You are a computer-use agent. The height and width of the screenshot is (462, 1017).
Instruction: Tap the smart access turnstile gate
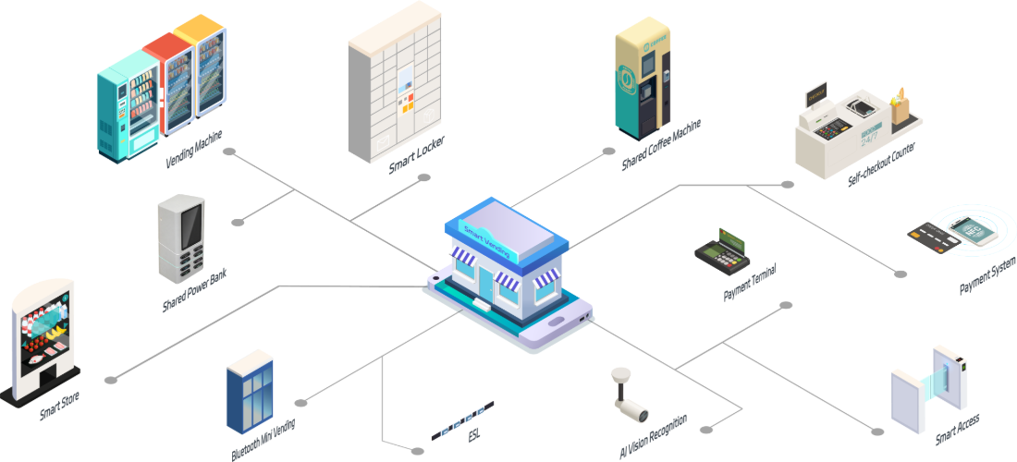[x=928, y=393]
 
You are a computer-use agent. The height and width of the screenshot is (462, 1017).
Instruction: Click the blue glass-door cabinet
[x=249, y=392]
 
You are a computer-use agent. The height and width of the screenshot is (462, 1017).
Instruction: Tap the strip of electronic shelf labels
[x=463, y=420]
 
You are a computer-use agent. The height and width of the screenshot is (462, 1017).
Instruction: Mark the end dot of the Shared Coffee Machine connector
[x=608, y=151]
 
